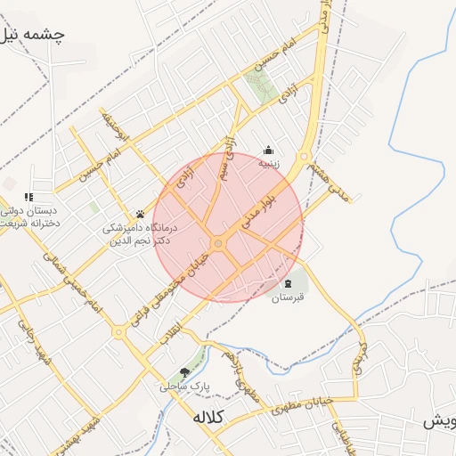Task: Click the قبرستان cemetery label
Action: click(x=289, y=297)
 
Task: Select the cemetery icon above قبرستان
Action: click(x=287, y=284)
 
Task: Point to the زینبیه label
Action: click(x=269, y=163)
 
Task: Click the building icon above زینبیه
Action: click(x=268, y=150)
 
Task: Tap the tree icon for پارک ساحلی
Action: click(x=184, y=372)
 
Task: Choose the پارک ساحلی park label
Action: click(x=182, y=387)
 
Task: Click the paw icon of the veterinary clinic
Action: click(x=140, y=214)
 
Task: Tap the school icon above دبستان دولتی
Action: click(x=28, y=197)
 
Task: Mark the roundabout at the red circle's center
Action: click(x=217, y=243)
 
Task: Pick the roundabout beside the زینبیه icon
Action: click(x=303, y=158)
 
